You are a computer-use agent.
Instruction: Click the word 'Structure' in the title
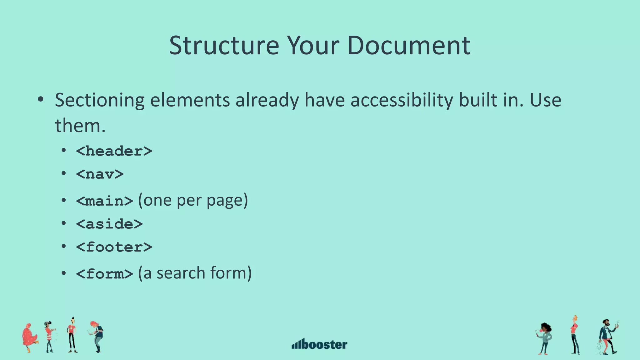(x=224, y=46)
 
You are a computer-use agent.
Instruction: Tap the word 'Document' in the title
(x=408, y=46)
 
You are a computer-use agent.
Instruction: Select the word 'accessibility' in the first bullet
(x=402, y=101)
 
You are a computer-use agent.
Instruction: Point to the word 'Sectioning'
(x=99, y=101)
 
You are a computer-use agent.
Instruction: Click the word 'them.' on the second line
(x=80, y=126)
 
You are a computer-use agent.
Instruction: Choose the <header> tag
(x=114, y=151)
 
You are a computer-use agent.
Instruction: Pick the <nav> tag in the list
(x=100, y=174)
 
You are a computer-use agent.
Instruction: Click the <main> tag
(x=104, y=201)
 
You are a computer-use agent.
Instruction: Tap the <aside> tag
(x=109, y=224)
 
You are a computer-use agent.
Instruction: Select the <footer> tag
(x=114, y=247)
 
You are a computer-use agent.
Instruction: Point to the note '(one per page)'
(x=193, y=200)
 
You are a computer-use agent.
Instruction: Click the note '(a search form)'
(x=195, y=273)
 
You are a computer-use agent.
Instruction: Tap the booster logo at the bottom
(x=319, y=344)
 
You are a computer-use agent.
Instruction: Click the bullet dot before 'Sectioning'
(x=40, y=100)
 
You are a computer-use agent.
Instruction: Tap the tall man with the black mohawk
(x=72, y=335)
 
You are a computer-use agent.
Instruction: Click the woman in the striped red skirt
(x=49, y=337)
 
